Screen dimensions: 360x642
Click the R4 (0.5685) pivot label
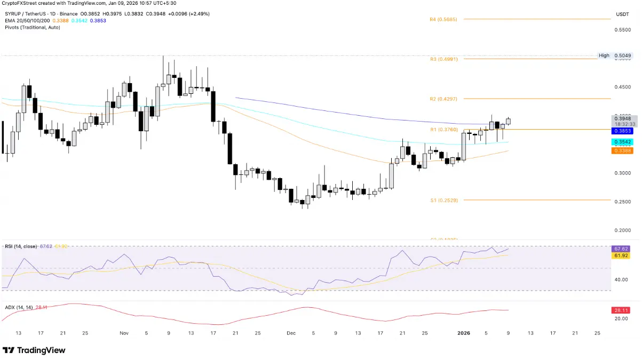443,19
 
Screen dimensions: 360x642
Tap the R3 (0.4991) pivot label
443,59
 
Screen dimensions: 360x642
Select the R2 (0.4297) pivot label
443,99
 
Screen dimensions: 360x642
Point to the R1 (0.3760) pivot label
443,130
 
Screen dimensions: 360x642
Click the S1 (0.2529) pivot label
443,200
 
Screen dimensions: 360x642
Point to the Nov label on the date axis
124,333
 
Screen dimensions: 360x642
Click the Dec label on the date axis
291,333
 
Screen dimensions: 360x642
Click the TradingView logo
34,350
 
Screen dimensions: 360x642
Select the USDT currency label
622,14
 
